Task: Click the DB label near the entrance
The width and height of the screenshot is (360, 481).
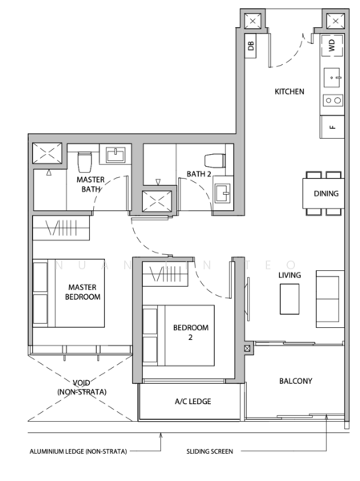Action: [x=251, y=46]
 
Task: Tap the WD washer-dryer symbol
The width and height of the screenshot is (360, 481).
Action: [x=331, y=46]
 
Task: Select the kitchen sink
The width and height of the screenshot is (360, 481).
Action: [x=332, y=78]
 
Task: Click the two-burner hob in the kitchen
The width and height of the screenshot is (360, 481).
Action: [x=333, y=100]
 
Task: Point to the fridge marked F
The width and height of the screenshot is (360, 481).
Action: [x=332, y=127]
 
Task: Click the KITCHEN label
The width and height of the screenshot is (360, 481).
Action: [x=289, y=91]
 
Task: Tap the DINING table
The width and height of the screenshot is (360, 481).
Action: [x=323, y=193]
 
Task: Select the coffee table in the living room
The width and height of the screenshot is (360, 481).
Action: [x=289, y=299]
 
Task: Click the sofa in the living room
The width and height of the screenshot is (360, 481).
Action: [x=330, y=299]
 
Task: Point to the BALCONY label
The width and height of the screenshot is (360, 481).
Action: [x=296, y=381]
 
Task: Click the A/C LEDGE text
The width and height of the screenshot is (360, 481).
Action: [x=192, y=402]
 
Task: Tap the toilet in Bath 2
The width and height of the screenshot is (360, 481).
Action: [x=215, y=161]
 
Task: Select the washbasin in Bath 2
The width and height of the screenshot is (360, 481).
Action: [x=222, y=193]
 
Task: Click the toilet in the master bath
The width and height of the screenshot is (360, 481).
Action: [x=85, y=162]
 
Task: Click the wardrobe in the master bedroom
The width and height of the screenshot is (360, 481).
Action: [x=61, y=228]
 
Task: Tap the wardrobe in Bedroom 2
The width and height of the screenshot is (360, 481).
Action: [x=165, y=274]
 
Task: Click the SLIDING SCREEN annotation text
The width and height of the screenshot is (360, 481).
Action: [x=209, y=451]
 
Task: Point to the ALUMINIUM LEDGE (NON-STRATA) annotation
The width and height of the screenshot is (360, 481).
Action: [x=79, y=451]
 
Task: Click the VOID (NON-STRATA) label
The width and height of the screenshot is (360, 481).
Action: [x=82, y=387]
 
